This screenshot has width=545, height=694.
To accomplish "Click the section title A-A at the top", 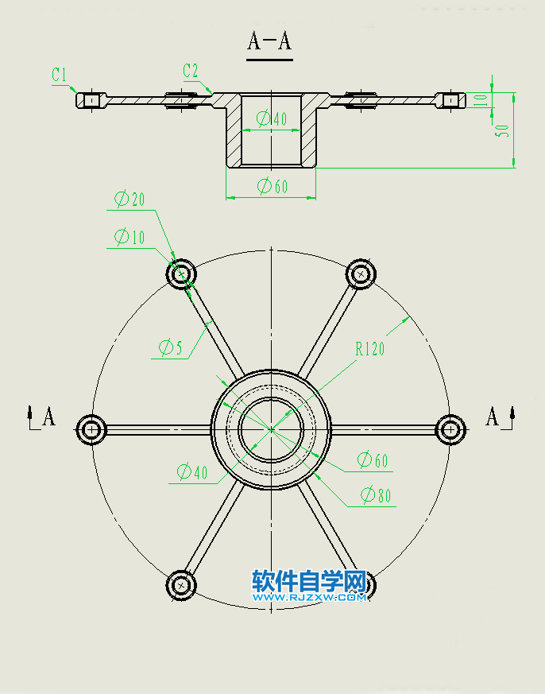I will tap(269, 41).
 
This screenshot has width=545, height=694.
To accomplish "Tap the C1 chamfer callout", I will tap(59, 75).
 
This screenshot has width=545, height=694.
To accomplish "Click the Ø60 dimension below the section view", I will tap(272, 186).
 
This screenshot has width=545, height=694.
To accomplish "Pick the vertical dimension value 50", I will tap(502, 131).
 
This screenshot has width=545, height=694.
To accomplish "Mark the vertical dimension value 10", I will tap(480, 99).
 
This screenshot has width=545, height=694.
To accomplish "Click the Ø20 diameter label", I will tap(129, 200).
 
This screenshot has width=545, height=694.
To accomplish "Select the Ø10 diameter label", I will tap(129, 236).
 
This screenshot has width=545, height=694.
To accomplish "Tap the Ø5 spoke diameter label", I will tap(170, 347).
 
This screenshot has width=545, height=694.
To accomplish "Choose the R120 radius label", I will tap(369, 347).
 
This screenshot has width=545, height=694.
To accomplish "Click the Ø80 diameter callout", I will tap(376, 495).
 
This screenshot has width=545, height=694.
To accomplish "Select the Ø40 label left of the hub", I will tap(191, 473).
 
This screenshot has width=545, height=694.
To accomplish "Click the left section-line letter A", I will tap(48, 417).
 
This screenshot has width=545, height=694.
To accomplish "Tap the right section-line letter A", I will tap(493, 416).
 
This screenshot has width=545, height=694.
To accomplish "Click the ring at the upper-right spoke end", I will tap(361, 274).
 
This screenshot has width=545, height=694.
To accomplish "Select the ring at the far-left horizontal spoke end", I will tap(91, 429).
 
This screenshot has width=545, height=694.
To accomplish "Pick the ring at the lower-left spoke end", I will tap(181, 585).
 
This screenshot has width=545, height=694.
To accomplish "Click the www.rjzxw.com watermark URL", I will tap(310, 597).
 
